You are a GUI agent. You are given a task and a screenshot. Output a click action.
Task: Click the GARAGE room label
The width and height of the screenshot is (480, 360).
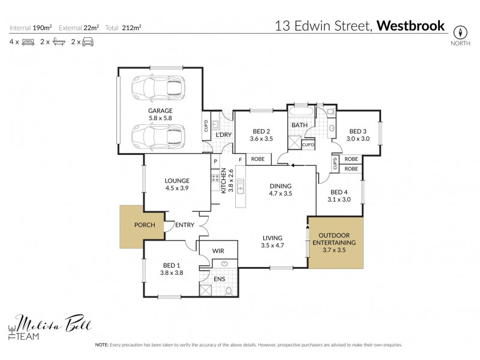coord(160,110)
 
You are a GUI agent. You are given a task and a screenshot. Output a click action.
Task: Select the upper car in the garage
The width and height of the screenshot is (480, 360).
coord(160,88)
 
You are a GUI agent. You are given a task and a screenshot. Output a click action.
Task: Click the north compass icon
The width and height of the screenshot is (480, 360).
coord(460,32)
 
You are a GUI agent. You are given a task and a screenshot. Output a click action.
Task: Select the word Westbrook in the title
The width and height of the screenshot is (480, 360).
coord(412,26)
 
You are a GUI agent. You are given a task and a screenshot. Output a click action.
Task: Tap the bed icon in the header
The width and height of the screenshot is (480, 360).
coord(28,42)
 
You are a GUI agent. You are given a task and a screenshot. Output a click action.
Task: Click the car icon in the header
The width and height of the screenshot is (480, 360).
coord(87,42)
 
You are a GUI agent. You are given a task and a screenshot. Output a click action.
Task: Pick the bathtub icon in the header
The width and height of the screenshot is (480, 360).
coord(58,42)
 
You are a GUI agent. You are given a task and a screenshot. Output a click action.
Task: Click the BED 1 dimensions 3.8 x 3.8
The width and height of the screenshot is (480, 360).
coord(171,272)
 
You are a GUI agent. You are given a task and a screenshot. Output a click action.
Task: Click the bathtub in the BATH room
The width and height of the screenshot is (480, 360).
coord(301,112)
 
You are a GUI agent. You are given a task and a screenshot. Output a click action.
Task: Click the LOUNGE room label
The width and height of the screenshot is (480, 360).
coord(177,180)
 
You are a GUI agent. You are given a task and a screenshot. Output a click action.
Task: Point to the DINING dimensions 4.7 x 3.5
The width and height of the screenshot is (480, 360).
coord(280,194)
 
